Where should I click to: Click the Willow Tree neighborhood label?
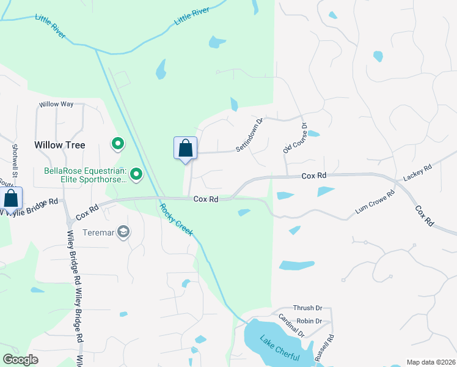coord(59,145)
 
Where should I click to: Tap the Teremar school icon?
coord(124,232)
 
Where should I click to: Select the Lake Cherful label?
coord(279,348)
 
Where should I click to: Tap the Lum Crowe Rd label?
coord(375,204)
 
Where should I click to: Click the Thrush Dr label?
coord(307,308)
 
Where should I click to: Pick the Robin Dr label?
coord(309,321)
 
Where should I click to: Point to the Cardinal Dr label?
coord(291,325)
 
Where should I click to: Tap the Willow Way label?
coord(56,104)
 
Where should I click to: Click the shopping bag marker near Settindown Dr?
coord(185,149)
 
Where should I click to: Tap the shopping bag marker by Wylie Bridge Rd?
coord(11,198)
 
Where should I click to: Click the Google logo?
coord(20,360)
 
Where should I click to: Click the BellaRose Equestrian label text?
coord(84,175)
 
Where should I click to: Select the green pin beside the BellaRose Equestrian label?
coord(137,176)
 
